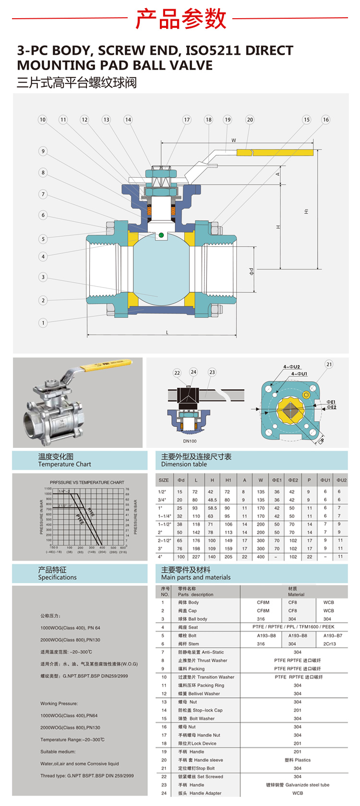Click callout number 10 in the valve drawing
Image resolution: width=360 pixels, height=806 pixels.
43,120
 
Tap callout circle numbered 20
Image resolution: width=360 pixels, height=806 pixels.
250,120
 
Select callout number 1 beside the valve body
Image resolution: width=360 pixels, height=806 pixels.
43,323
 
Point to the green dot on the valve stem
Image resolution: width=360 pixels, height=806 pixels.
161,235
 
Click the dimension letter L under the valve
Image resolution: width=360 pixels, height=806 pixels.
167,332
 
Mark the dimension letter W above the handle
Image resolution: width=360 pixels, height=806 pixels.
234,141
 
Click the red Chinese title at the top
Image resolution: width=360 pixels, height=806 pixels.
180,19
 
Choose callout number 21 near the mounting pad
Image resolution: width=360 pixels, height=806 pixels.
329,364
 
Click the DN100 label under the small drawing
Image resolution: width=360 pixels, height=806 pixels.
190,441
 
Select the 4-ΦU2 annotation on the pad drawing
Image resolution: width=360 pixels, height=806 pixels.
291,367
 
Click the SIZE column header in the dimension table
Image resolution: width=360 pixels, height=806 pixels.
164,480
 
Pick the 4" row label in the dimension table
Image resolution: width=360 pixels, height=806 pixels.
160,557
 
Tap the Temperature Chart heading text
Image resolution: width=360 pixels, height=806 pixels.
64,464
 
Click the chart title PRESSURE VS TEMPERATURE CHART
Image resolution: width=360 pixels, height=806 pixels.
87,482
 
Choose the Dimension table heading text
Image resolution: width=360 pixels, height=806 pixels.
184,464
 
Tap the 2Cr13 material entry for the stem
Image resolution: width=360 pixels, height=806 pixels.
330,644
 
